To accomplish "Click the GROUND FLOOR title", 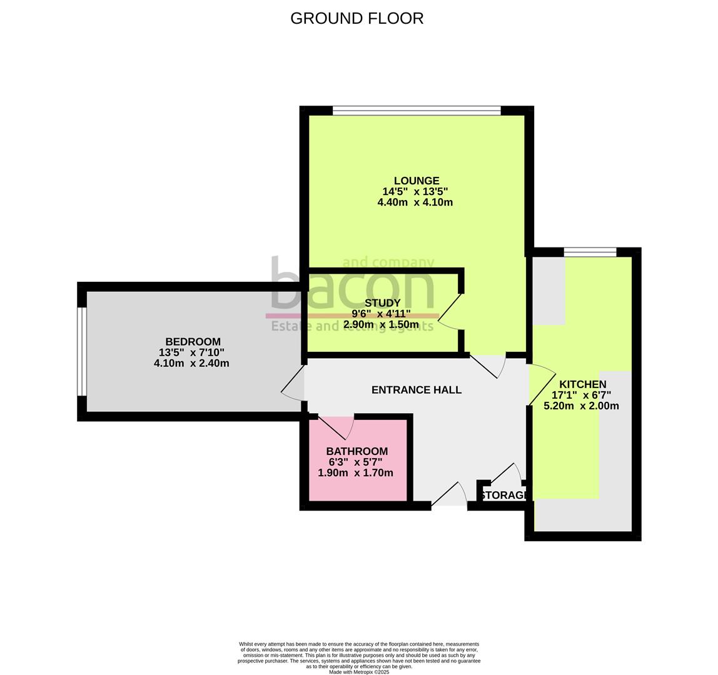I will (356, 19).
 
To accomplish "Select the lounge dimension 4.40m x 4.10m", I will (415, 202).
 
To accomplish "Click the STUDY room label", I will (382, 303).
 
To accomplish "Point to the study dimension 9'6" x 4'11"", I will (381, 314).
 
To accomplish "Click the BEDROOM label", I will (193, 342).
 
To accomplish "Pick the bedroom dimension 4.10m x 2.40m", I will (191, 363).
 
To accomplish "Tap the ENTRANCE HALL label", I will (416, 390).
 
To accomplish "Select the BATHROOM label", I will (356, 451).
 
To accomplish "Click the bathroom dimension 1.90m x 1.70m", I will (355, 472).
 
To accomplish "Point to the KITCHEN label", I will (582, 384).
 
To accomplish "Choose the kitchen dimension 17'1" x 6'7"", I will (581, 395).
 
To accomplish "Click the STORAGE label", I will (504, 496).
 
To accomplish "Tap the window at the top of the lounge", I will (417, 111).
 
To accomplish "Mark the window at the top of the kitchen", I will (590, 252).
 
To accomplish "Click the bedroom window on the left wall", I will (81, 352).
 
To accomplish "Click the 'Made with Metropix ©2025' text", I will (358, 672).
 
